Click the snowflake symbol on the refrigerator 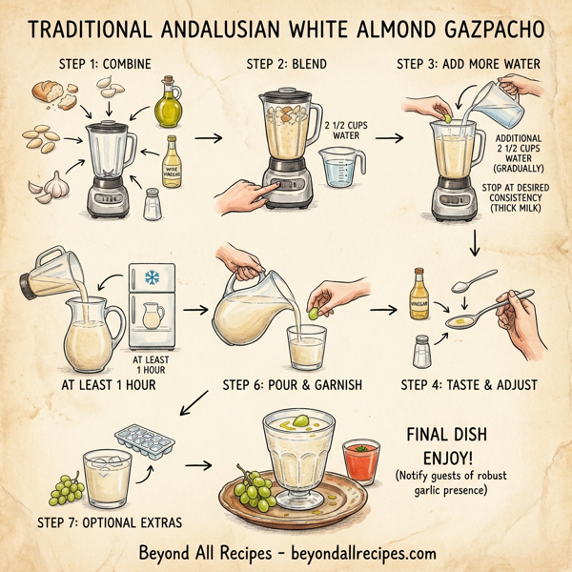click(151, 279)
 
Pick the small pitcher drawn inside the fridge click(149, 316)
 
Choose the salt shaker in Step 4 click(419, 353)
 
